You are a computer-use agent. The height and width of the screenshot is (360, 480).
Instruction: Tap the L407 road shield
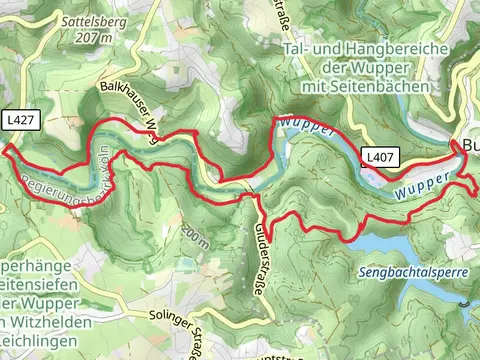tap(377, 157)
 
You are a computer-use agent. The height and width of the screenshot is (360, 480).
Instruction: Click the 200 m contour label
tap(196, 235)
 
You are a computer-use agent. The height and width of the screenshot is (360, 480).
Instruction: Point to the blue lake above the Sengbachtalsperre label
tap(385, 243)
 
